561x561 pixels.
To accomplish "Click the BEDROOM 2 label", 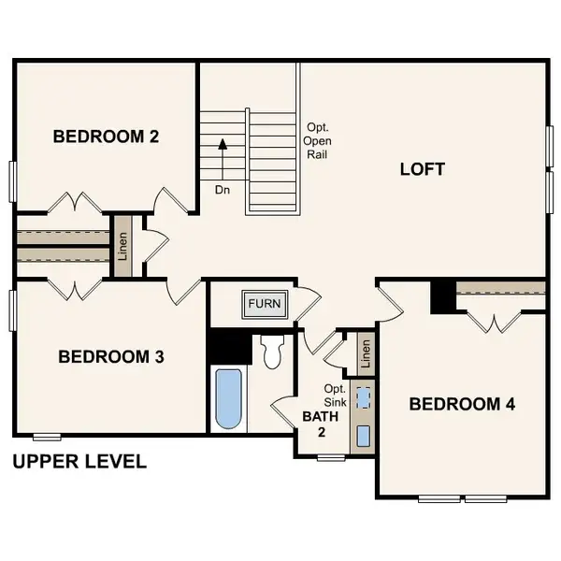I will pyautogui.click(x=106, y=137).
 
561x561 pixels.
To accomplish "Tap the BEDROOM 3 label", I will pyautogui.click(x=111, y=356).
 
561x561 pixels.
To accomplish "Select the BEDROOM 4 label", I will pyautogui.click(x=462, y=404).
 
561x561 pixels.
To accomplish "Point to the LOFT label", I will pyautogui.click(x=422, y=169).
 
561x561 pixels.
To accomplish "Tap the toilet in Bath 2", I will pyautogui.click(x=273, y=352).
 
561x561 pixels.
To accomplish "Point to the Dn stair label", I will pyautogui.click(x=223, y=189).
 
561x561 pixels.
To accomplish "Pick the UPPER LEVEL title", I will pyautogui.click(x=79, y=461).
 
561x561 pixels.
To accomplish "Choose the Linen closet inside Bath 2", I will pyautogui.click(x=366, y=353).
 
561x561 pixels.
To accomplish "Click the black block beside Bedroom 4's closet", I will pyautogui.click(x=442, y=297).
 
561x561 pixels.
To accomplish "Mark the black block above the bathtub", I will pyautogui.click(x=230, y=347).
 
